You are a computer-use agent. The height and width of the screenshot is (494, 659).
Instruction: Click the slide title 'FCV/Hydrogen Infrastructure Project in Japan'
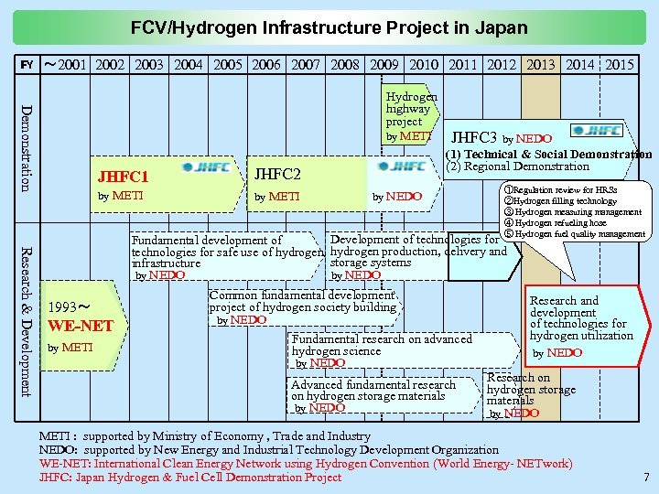(x=329, y=27)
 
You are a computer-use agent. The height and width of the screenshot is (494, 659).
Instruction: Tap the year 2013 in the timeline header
(x=541, y=65)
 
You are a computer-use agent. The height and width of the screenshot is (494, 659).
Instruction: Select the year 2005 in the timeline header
(x=228, y=65)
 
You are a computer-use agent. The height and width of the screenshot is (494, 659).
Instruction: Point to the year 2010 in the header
(x=424, y=65)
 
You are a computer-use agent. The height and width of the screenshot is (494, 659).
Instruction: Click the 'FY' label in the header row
(x=27, y=66)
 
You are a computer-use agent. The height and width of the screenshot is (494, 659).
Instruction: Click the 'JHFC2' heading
(x=278, y=174)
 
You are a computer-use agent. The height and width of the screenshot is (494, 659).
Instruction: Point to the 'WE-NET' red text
(x=81, y=326)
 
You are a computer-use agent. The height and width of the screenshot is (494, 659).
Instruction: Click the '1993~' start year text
(x=69, y=306)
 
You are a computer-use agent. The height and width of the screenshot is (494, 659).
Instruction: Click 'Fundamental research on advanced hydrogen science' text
(x=382, y=345)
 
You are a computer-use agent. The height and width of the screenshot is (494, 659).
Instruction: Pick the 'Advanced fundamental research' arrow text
(x=373, y=385)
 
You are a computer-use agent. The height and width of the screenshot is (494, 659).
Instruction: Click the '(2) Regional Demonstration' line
(x=518, y=166)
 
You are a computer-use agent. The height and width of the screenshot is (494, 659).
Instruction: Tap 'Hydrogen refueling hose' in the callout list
(x=560, y=222)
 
